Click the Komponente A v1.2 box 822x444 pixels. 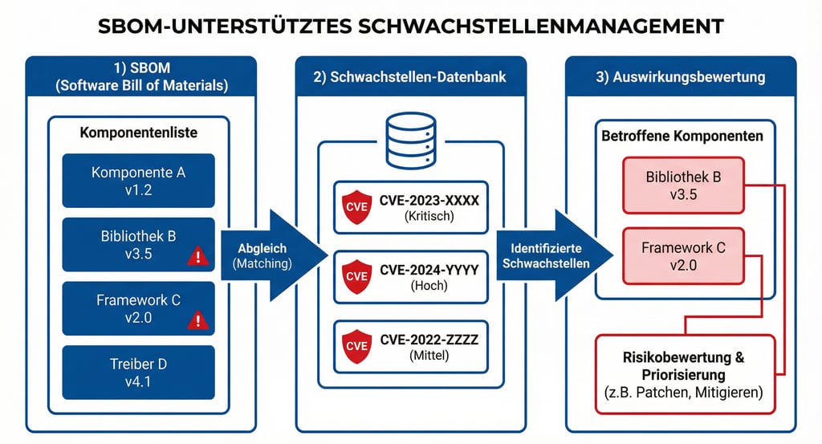point(138,181)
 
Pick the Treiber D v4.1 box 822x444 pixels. point(138,373)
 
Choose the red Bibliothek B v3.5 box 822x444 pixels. point(684,185)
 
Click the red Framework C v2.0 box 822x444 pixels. point(684,256)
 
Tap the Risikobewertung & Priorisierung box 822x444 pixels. point(684,374)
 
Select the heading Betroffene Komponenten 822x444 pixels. point(682,136)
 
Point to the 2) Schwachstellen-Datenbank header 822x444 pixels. point(410,78)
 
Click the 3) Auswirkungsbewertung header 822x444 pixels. point(681,78)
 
